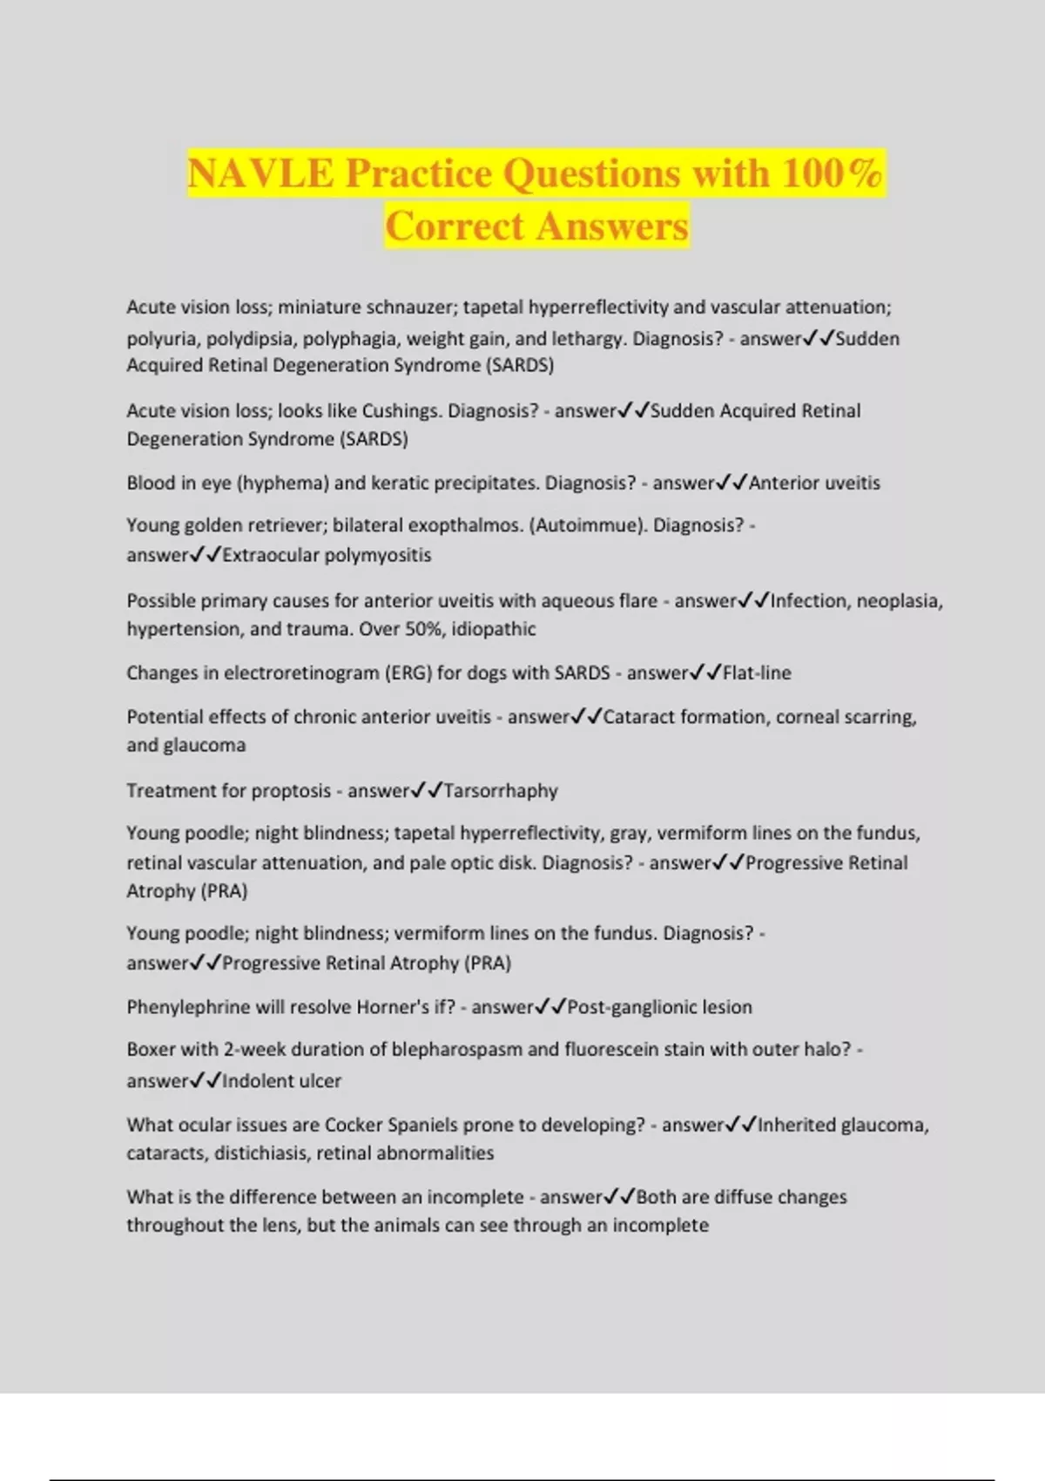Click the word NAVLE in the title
260,172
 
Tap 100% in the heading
832,172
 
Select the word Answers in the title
611,227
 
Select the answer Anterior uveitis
814,484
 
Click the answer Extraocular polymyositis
327,556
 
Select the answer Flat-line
757,673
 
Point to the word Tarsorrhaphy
501,791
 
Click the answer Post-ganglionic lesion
659,1008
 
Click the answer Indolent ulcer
281,1081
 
